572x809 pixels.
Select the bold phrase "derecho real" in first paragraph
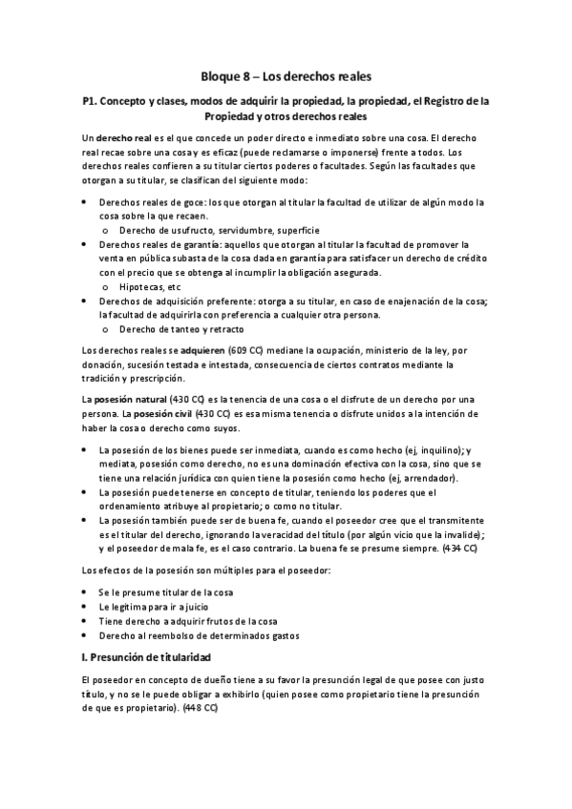click(x=124, y=138)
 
